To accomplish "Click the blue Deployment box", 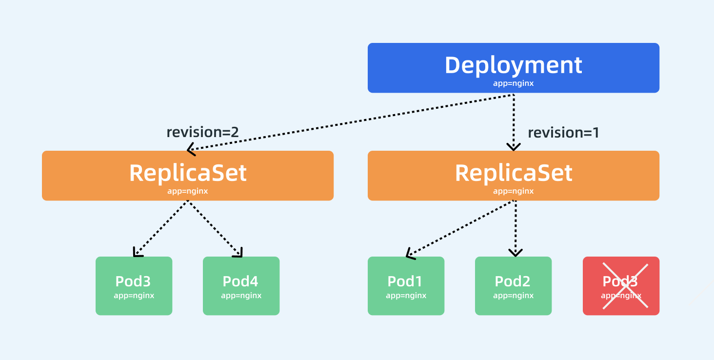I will click(513, 68).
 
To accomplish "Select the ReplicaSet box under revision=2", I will click(187, 176).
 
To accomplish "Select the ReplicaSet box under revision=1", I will click(513, 176).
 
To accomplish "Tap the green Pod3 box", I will click(134, 286).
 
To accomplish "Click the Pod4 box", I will click(241, 286).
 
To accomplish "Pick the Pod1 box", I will click(406, 286).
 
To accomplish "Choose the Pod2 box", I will click(513, 286).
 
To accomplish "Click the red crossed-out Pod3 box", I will click(621, 286).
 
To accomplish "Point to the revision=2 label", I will click(202, 132).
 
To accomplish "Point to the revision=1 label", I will click(563, 133).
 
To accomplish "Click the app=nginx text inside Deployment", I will click(513, 83).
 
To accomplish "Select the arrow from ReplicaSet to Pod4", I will click(215, 228).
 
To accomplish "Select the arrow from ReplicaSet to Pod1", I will click(460, 228).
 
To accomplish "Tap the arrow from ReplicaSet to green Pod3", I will click(161, 228).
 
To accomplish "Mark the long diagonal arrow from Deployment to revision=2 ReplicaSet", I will click(350, 122).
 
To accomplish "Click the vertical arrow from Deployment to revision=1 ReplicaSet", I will click(513, 122).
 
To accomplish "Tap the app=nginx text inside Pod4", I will click(241, 296).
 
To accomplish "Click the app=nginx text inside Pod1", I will click(406, 296).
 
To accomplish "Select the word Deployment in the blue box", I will click(513, 65).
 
